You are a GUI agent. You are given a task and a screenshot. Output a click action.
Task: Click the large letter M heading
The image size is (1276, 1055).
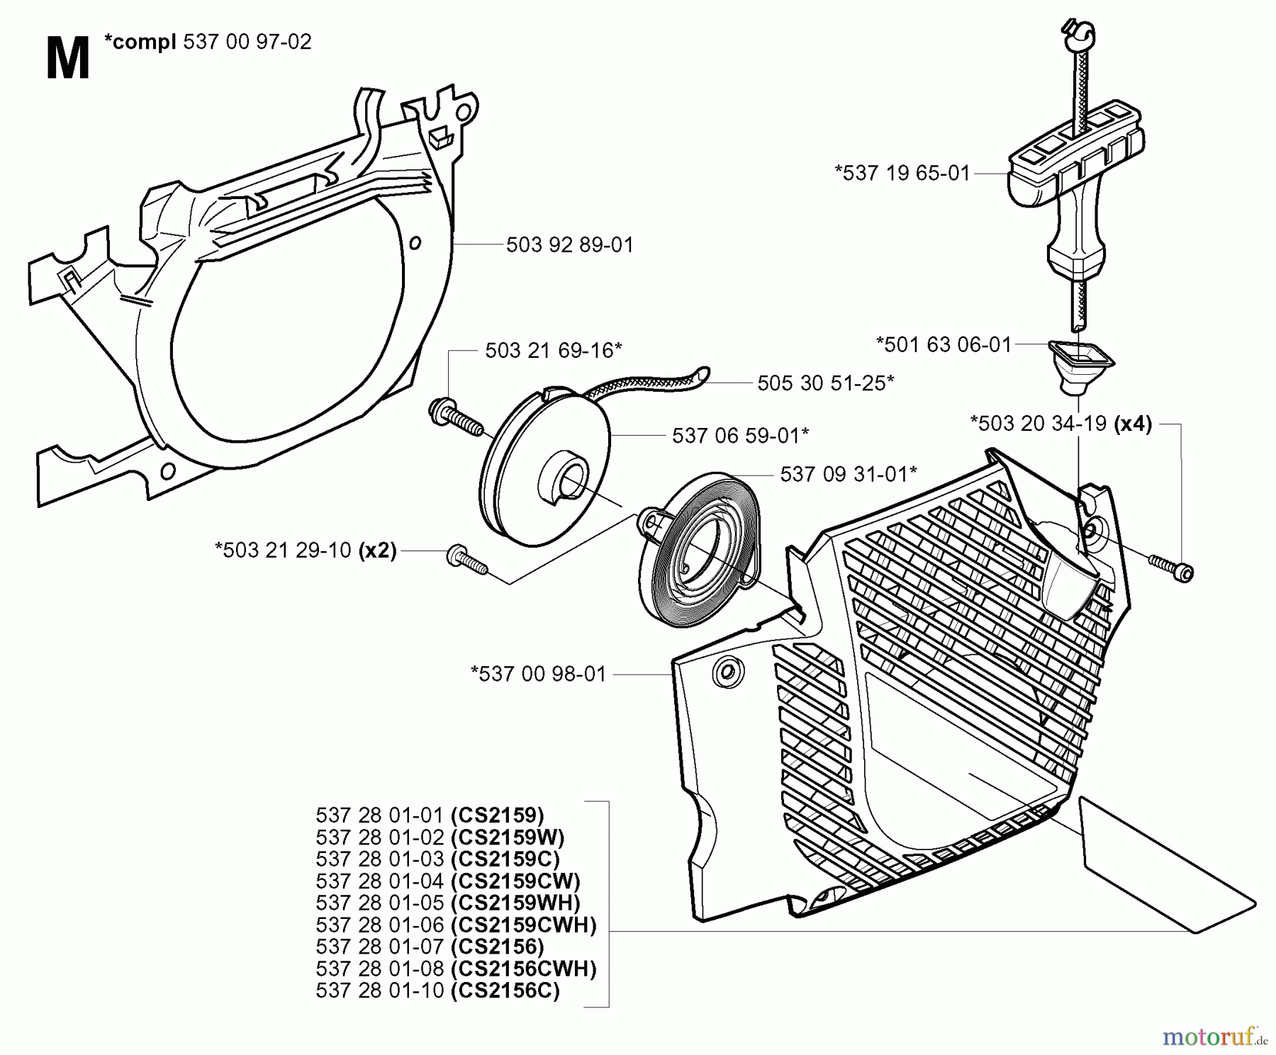point(67,60)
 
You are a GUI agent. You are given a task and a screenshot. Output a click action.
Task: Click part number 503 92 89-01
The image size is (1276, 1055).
point(569,245)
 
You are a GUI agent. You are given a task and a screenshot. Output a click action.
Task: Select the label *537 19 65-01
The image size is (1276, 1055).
point(902,173)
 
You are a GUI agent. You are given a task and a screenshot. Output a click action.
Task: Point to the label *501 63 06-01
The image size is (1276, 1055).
point(944,345)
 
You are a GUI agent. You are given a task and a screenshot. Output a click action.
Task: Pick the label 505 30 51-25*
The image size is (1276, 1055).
point(825,383)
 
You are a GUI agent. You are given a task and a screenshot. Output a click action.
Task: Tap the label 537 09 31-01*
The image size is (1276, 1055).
point(849,474)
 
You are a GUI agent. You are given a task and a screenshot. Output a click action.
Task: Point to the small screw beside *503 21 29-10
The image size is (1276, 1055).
point(466,560)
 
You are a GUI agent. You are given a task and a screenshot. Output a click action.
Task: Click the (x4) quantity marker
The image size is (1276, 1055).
point(1133,424)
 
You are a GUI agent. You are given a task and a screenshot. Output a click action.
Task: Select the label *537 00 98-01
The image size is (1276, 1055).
point(539,674)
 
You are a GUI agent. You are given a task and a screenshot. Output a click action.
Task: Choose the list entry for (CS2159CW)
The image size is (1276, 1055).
point(448,881)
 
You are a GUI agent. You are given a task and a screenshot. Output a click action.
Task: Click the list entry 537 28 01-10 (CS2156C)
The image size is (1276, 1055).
point(437,991)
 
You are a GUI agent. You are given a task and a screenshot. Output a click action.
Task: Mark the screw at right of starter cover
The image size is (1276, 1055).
point(1170,567)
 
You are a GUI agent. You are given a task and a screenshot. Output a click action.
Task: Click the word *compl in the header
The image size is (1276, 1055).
point(140,43)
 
